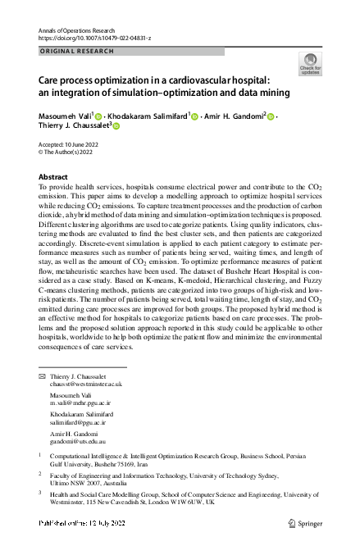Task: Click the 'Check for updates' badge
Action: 310,64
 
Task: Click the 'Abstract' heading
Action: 53,177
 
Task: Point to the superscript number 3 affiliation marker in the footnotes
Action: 40,493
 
